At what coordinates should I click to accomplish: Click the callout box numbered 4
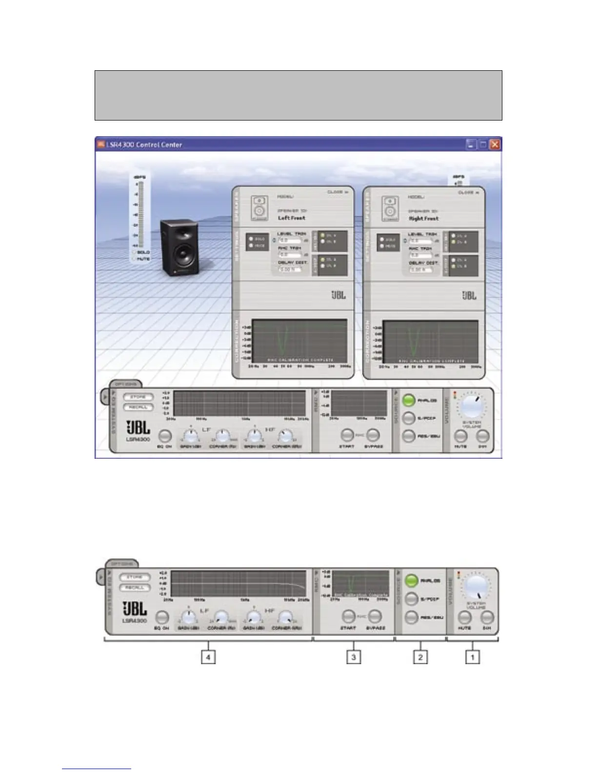point(208,657)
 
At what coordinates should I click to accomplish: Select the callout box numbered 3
point(354,657)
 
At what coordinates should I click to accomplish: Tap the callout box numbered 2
point(420,657)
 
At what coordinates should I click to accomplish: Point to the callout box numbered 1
point(472,657)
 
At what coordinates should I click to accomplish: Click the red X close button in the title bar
point(495,144)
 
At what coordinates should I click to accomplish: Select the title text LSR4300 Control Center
point(145,144)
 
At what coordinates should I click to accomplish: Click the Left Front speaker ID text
point(292,218)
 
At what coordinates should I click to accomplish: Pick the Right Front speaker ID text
point(424,218)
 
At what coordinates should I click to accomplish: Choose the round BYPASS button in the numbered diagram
point(374,616)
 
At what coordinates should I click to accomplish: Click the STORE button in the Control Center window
point(138,397)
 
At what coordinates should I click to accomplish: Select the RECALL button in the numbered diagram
point(135,588)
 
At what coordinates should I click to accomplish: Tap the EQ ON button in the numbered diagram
point(162,617)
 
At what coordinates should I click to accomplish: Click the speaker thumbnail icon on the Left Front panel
point(260,208)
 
